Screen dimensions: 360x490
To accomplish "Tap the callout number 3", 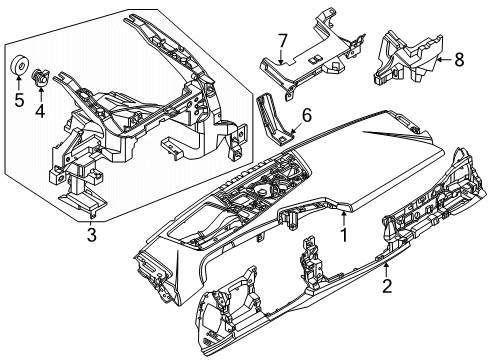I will click(x=91, y=235).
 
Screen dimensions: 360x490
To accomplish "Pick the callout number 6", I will click(x=307, y=117).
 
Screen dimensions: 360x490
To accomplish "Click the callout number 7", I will click(x=283, y=41).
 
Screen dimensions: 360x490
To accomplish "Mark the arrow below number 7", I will click(x=283, y=56).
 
